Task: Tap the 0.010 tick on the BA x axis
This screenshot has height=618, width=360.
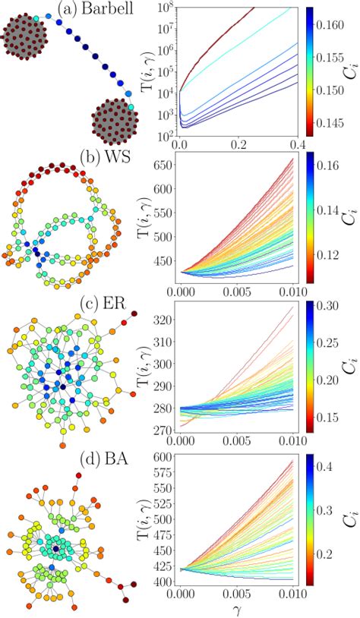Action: (x=296, y=595)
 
